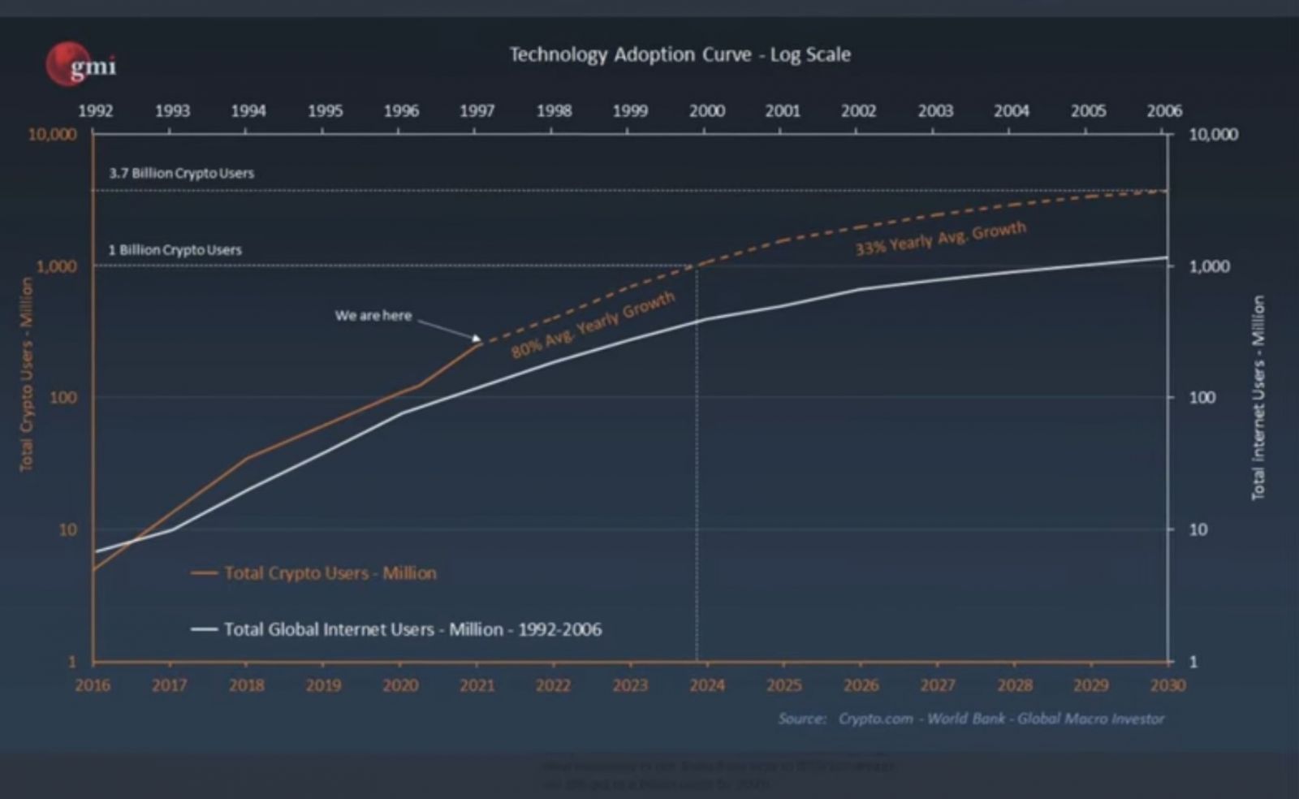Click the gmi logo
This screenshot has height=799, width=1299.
81,64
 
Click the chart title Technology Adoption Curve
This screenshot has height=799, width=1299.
680,54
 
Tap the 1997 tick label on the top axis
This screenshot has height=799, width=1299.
477,111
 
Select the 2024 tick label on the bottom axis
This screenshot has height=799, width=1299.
706,685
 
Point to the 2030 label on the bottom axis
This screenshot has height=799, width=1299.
1167,685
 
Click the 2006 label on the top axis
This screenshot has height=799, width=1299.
1163,111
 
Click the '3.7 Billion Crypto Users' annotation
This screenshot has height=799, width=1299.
181,173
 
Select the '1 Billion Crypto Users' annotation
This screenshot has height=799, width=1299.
175,250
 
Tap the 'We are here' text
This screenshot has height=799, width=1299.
373,315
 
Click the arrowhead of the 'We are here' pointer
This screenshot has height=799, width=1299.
477,339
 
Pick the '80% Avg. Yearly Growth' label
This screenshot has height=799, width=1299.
593,324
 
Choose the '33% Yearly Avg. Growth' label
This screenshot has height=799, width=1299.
940,238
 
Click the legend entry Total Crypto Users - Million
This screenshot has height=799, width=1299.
330,573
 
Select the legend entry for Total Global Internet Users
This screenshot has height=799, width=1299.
412,629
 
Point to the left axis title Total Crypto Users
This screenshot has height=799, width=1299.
27,374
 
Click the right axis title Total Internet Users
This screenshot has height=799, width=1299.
1258,398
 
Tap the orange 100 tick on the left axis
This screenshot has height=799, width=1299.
63,398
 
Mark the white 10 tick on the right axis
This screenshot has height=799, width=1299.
1198,529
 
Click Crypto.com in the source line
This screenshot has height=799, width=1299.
875,719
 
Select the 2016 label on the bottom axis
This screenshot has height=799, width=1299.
93,685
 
